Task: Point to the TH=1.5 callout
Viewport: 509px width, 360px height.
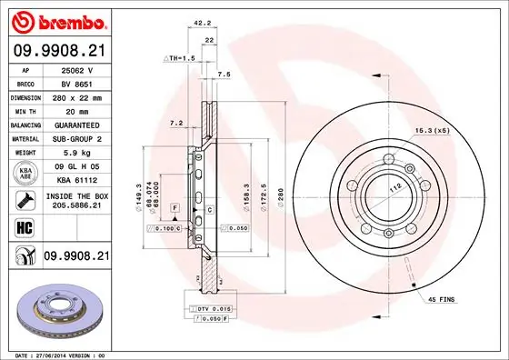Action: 180,58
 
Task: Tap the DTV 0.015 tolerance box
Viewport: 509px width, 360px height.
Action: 214,310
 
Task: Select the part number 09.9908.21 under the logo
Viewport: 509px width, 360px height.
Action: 59,50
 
